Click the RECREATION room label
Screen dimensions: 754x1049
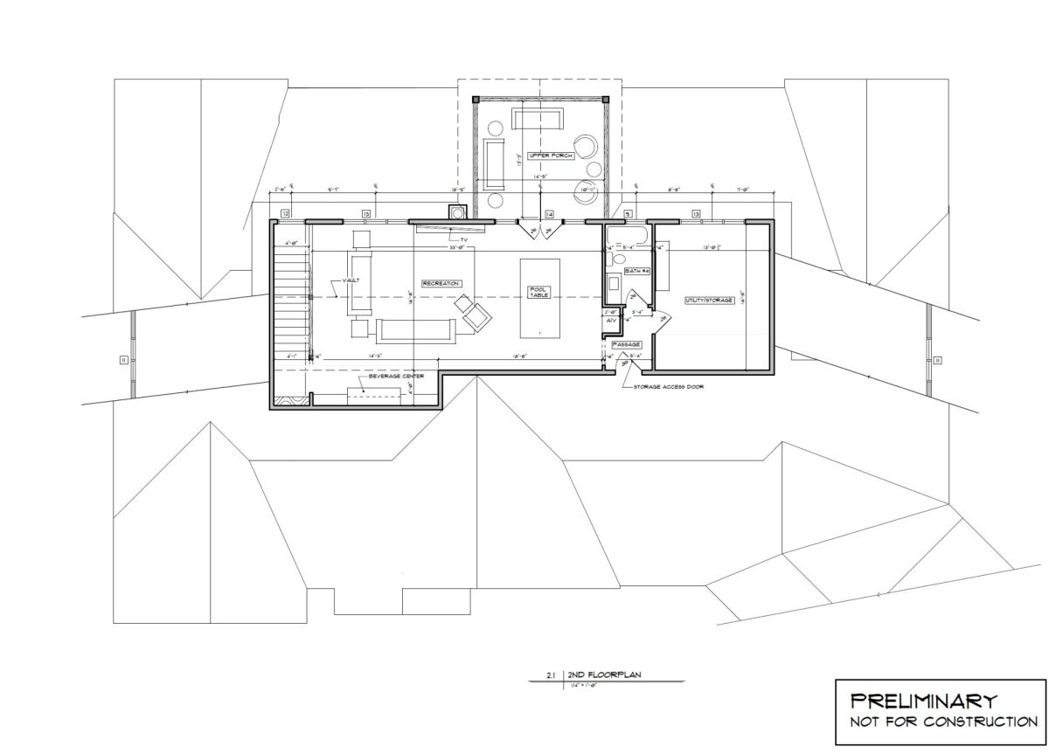[441, 283]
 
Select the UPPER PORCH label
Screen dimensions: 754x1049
[532, 155]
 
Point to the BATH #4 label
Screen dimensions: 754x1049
[638, 273]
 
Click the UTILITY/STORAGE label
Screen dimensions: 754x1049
[708, 301]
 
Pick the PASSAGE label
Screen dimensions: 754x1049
[627, 345]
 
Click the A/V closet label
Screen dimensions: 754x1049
[612, 321]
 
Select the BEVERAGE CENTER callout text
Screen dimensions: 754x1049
[396, 376]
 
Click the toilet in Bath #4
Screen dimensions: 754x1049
[620, 258]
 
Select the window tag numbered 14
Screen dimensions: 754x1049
[549, 214]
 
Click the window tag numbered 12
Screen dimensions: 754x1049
[285, 213]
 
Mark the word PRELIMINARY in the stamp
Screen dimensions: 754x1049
[924, 700]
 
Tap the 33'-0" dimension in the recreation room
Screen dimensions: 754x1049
[456, 248]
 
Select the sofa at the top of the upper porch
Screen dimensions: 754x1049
[537, 119]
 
